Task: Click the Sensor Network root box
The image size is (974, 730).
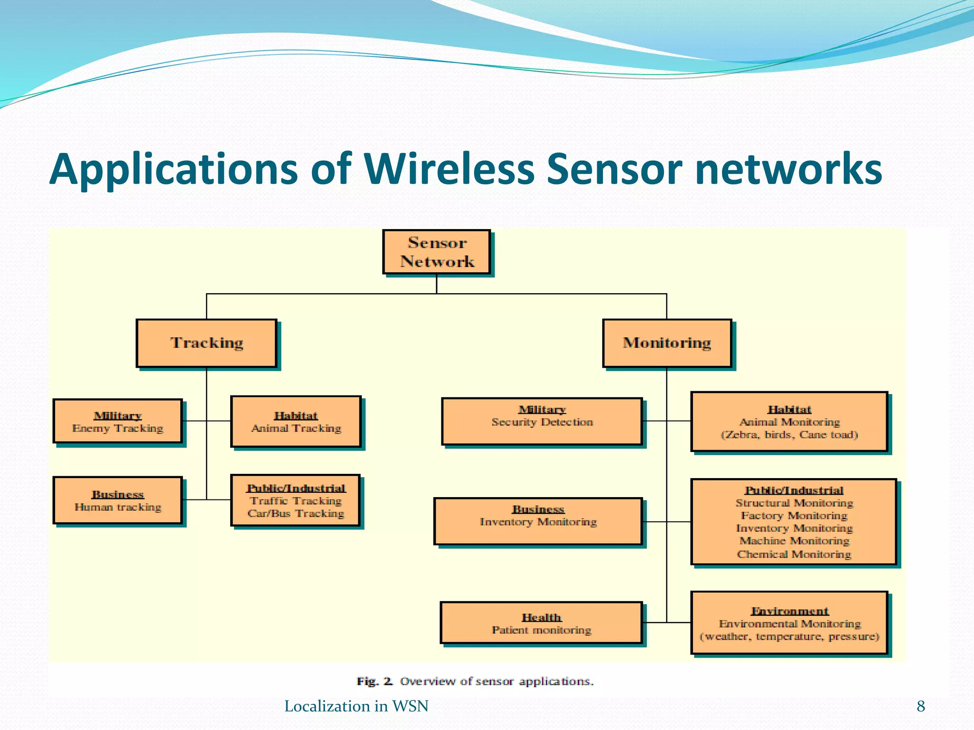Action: point(437,252)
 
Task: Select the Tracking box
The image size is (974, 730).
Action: point(206,343)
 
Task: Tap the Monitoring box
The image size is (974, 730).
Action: point(667,343)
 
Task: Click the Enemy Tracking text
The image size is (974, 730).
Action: point(117,428)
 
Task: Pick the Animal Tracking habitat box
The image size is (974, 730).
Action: point(296,422)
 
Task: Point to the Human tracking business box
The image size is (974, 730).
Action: point(117,500)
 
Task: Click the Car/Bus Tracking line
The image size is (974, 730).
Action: point(296,513)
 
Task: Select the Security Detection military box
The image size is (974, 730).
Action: point(542,421)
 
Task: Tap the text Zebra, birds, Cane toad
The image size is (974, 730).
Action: point(789,434)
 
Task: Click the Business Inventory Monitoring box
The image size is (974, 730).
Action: point(538,521)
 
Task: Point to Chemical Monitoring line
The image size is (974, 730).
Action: point(794,554)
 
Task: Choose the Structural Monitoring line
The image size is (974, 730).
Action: point(794,503)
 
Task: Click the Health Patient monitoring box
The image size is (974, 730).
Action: point(541,623)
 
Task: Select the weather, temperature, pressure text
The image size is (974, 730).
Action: point(789,636)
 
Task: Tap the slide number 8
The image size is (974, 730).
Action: point(921,706)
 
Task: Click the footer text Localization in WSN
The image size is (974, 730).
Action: point(356,706)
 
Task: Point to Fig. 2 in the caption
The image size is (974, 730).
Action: point(374,681)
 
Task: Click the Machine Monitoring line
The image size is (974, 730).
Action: point(794,541)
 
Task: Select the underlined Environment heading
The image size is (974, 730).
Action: point(789,611)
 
